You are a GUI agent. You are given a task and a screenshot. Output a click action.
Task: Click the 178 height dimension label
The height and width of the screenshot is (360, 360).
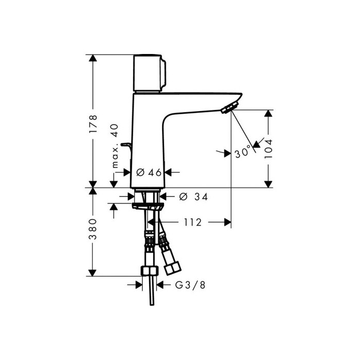click(x=93, y=124)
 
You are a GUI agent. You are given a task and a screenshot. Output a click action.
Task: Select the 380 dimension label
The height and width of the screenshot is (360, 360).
click(x=93, y=229)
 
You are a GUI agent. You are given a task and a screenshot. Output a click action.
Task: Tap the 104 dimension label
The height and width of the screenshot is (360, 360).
click(x=268, y=149)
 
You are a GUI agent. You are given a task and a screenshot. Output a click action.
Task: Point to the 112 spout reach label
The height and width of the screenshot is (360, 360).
click(x=193, y=222)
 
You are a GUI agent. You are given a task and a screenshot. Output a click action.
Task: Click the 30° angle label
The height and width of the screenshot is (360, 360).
click(x=243, y=152)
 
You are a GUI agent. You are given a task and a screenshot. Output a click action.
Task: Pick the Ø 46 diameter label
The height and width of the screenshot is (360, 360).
click(x=149, y=172)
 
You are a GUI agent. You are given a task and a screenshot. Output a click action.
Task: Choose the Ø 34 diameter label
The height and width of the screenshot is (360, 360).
click(x=193, y=197)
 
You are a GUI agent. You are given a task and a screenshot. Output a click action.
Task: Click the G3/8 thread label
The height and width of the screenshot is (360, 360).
click(x=190, y=285)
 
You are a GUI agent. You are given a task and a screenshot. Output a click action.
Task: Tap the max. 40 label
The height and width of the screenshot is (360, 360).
click(x=115, y=146)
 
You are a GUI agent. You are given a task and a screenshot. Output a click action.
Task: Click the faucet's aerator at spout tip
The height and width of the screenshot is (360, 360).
click(x=229, y=107)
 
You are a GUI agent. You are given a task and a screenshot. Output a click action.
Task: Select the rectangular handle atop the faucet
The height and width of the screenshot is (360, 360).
click(x=149, y=73)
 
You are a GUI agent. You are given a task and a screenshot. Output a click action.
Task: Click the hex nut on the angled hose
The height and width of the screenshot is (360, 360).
click(x=172, y=268)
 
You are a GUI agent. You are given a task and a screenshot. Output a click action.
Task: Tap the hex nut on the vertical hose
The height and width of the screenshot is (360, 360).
click(x=150, y=271)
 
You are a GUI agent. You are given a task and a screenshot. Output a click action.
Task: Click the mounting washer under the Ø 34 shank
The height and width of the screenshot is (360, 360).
click(x=148, y=206)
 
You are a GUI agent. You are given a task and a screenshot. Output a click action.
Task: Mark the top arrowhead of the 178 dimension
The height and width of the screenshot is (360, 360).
click(x=93, y=58)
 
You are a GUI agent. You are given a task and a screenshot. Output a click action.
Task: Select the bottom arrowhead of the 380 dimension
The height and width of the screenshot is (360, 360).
click(x=92, y=273)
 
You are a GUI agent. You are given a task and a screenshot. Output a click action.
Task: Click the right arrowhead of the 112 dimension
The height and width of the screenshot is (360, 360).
click(x=227, y=222)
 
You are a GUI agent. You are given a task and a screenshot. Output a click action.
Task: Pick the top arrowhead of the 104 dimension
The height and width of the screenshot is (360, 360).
click(x=268, y=114)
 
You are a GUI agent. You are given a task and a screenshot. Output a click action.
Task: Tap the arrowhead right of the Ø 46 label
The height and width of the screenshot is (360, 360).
click(x=168, y=172)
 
